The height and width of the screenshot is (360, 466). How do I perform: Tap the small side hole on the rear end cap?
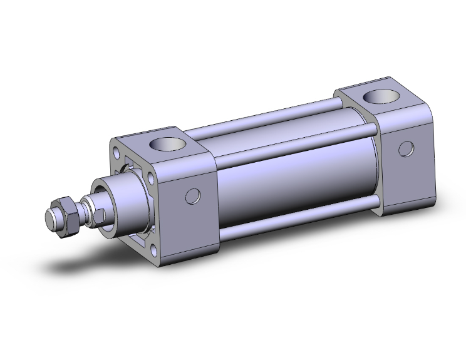pos(406,149)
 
